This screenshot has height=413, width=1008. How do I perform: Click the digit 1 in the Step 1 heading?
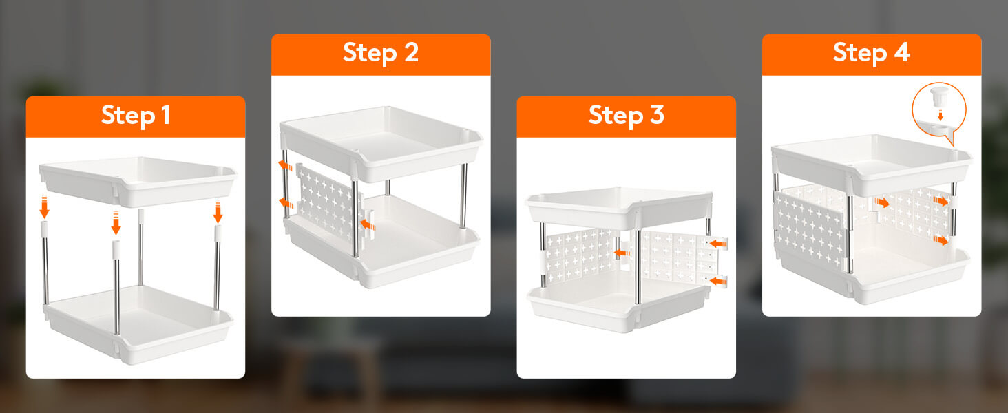click(166, 115)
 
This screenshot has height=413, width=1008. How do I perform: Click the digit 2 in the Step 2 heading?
click(411, 52)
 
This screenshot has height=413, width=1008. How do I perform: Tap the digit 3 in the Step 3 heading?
click(657, 115)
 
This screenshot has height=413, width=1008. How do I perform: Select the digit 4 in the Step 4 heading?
click(902, 52)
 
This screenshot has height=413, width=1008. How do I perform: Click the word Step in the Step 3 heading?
click(616, 116)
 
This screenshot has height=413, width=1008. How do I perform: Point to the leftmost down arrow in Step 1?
click(44, 206)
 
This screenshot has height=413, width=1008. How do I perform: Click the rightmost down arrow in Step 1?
click(218, 211)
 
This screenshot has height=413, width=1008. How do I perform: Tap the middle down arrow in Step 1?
click(116, 223)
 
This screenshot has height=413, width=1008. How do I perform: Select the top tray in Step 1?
click(138, 181)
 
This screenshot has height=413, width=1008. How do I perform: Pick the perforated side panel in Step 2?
click(329, 202)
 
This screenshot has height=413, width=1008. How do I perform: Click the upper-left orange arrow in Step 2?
click(285, 165)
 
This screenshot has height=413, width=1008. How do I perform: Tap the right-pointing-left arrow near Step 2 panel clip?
click(368, 224)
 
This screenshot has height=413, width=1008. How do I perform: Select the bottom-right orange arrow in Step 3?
click(717, 281)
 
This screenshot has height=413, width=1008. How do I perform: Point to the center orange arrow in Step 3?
click(622, 253)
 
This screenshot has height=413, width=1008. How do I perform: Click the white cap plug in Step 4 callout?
click(939, 96)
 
